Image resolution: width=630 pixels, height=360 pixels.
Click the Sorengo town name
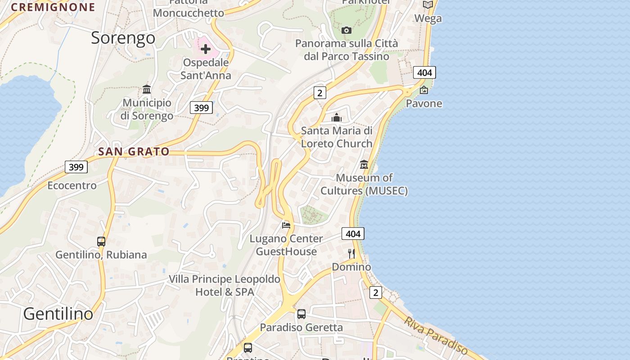(x=123, y=38)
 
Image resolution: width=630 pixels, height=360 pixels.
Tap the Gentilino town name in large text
(x=58, y=314)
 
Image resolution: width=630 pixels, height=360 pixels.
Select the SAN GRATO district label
(x=134, y=152)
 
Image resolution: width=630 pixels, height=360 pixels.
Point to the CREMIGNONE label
(x=53, y=7)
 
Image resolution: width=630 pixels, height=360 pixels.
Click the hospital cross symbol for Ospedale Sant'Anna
(x=205, y=49)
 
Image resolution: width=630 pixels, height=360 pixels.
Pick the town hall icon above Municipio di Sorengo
(x=147, y=89)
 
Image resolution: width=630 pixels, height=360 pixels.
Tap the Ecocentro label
(x=72, y=185)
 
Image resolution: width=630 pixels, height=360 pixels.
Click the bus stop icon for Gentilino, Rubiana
(x=101, y=242)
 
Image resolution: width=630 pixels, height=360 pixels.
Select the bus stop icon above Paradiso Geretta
(x=301, y=314)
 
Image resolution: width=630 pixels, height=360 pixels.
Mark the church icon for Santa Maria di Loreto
(x=337, y=117)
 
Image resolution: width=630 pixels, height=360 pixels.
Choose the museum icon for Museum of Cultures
(x=364, y=165)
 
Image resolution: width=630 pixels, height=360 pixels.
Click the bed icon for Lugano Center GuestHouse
(x=286, y=225)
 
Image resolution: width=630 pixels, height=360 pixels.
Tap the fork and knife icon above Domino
(x=351, y=254)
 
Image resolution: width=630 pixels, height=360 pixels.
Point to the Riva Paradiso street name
(x=436, y=335)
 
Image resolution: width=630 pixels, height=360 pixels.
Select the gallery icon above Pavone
(x=424, y=90)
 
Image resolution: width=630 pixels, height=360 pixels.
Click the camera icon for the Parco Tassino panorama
(x=346, y=30)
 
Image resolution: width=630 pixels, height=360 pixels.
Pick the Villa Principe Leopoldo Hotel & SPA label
(x=225, y=286)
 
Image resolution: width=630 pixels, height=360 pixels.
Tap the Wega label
(x=428, y=18)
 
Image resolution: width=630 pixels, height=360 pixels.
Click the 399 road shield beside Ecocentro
(x=76, y=167)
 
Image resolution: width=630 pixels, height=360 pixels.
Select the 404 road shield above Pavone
(x=424, y=72)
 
